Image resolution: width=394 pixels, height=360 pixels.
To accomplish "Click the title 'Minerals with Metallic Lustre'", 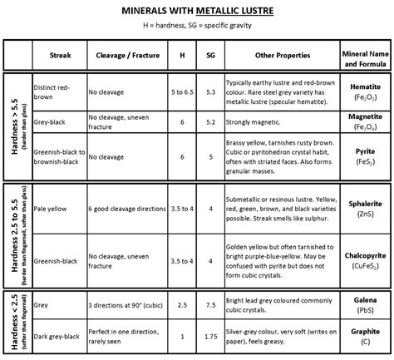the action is tap(197, 13).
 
